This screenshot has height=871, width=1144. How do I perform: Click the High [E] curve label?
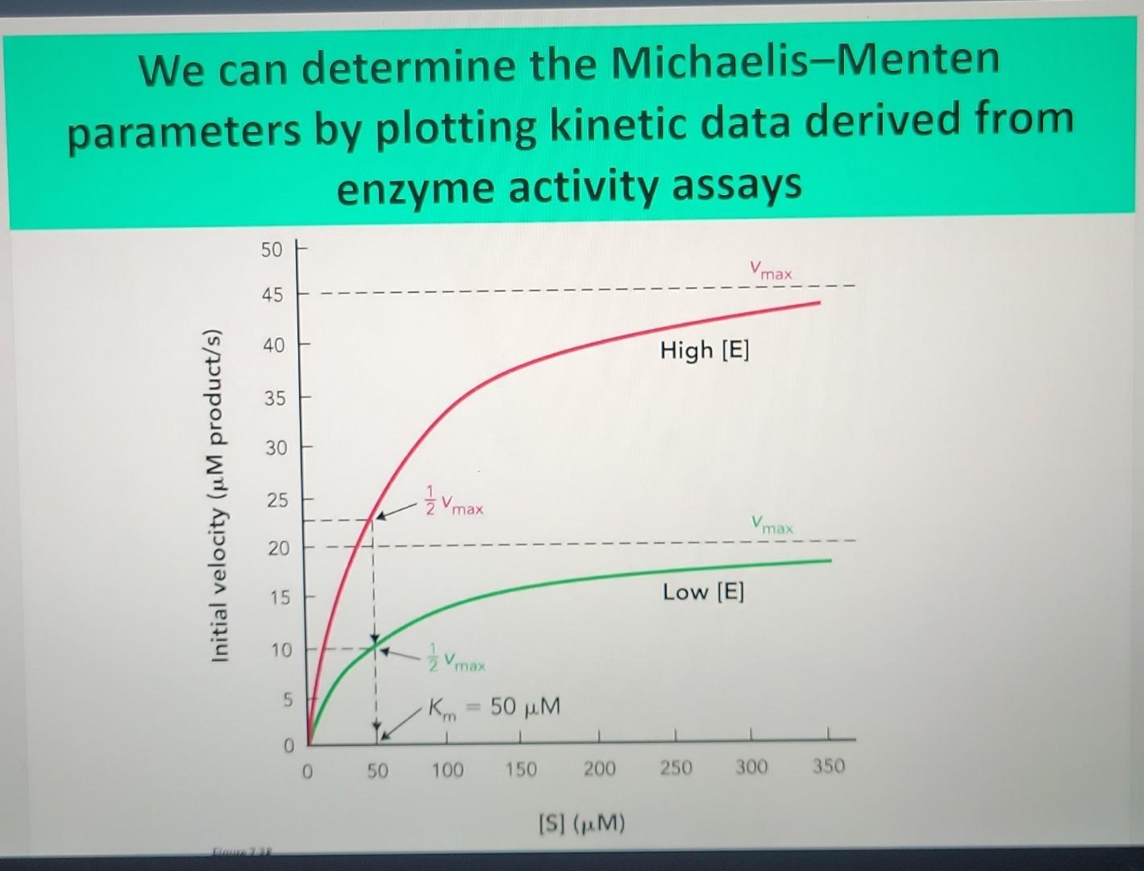pyautogui.click(x=705, y=350)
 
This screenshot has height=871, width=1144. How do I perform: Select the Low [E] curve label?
pyautogui.click(x=703, y=592)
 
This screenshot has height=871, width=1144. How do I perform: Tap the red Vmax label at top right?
pyautogui.click(x=771, y=270)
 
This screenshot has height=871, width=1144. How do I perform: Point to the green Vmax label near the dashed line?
pyautogui.click(x=772, y=525)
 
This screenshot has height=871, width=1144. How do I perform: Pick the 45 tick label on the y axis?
pyautogui.click(x=272, y=295)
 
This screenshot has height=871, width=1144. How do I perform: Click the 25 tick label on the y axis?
pyautogui.click(x=277, y=500)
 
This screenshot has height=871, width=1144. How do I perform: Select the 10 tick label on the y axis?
pyautogui.click(x=280, y=649)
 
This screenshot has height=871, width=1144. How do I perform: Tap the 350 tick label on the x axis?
pyautogui.click(x=829, y=766)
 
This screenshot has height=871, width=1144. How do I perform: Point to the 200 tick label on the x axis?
pyautogui.click(x=599, y=769)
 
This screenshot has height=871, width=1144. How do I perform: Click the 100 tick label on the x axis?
pyautogui.click(x=447, y=770)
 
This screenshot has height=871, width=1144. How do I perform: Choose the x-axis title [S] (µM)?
pyautogui.click(x=581, y=824)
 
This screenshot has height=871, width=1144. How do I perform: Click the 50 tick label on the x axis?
pyautogui.click(x=377, y=771)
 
